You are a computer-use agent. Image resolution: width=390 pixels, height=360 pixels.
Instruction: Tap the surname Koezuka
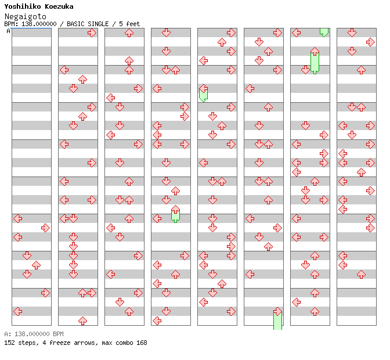pos(57,7)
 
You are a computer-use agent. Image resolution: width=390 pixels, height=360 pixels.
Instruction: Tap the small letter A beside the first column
pos(9,31)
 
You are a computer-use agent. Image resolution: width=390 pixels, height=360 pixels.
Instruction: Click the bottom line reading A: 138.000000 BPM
pos(34,334)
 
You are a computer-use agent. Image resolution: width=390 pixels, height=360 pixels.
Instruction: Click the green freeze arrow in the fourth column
pos(175,214)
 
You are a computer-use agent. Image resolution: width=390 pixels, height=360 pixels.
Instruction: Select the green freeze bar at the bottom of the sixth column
pos(277,320)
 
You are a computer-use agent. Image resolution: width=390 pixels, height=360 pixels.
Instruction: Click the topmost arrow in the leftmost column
pos(17,218)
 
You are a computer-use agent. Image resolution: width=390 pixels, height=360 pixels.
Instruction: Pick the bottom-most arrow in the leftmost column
pos(17,311)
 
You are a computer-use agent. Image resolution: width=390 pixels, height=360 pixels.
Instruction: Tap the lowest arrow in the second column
pos(82,321)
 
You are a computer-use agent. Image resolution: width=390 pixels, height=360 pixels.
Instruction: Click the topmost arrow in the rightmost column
pos(352,33)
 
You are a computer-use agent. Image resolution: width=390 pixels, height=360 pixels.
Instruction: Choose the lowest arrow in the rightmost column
pos(361,274)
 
